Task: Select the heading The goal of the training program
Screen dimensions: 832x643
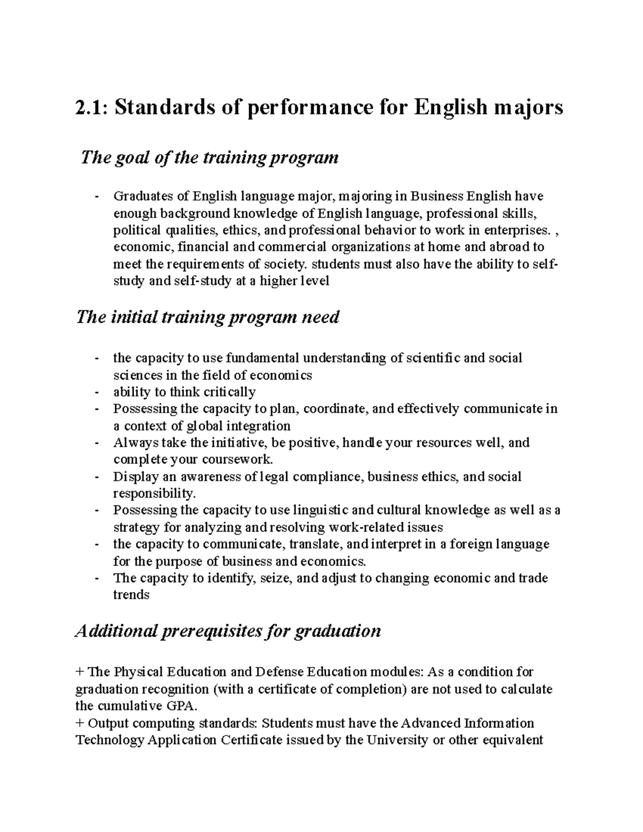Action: [209, 158]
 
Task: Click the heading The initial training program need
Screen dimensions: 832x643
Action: [208, 317]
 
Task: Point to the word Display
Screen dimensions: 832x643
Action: [130, 477]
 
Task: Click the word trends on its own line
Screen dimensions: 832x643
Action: [131, 595]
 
